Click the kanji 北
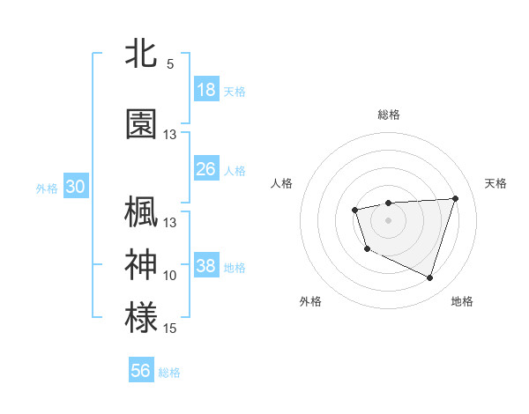coord(141,54)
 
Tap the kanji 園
coord(141,124)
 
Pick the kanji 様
coord(141,317)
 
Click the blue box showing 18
coord(206,90)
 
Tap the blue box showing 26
coord(206,169)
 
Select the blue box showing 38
coord(206,267)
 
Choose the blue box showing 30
coord(75,187)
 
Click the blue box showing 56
coord(141,371)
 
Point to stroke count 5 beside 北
coord(170,64)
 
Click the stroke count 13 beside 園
coord(170,135)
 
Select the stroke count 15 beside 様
coord(170,329)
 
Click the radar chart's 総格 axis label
coord(388,115)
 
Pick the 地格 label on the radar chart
coord(462,302)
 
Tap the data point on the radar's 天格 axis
coord(455,198)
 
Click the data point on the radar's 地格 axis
coord(429,278)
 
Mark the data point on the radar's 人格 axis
coord(354,210)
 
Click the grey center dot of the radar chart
coord(388,219)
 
